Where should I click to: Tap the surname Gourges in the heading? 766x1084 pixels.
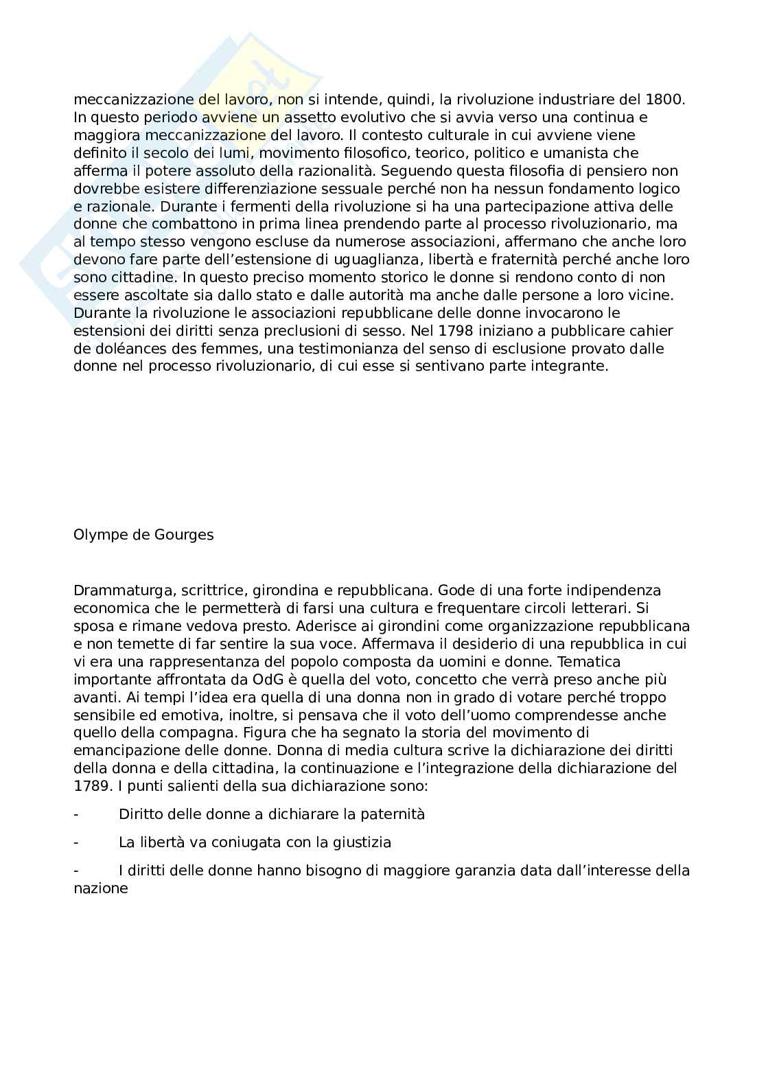[182, 535]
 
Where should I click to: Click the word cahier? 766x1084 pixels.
[652, 331]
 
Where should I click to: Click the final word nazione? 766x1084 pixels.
[100, 888]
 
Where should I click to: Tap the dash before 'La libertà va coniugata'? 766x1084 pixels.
[76, 842]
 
